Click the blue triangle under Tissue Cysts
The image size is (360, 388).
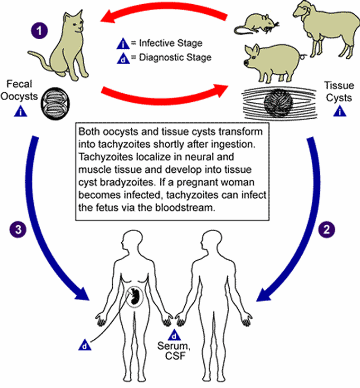coord(339,111)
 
